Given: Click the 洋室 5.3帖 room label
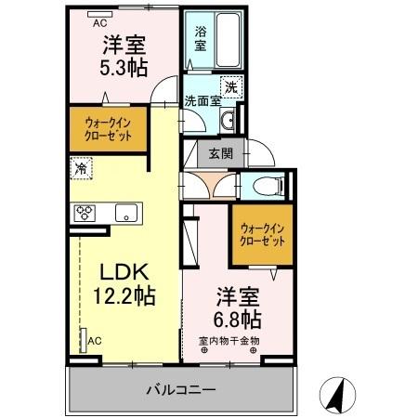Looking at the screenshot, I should [122, 55].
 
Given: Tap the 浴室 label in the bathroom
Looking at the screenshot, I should [200, 38].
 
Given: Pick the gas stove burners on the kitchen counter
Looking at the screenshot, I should [86, 213].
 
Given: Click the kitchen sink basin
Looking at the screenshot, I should [124, 213].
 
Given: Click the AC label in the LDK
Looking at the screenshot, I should [93, 341].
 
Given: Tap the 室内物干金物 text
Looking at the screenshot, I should [229, 341].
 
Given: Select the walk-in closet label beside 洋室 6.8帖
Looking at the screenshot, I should [257, 233].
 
